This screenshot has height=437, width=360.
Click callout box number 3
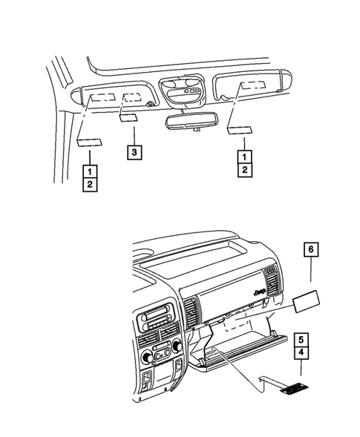point(134,153)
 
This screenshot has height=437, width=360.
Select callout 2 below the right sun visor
point(243,171)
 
